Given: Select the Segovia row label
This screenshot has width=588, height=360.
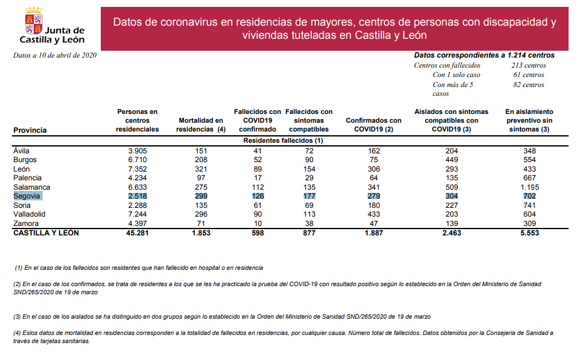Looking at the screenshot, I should [27, 196].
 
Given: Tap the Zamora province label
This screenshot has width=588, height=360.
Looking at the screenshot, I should [26, 224].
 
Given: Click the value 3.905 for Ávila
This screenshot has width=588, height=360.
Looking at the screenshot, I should [137, 151].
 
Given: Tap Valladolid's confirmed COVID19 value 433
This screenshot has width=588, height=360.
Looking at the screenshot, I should [373, 215].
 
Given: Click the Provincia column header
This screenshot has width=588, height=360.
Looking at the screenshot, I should [30, 130].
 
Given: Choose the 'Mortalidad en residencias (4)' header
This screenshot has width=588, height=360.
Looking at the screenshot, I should [201, 125].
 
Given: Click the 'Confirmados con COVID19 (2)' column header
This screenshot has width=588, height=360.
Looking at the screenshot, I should [373, 125].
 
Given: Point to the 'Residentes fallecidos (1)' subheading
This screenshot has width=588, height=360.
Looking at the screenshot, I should [283, 141].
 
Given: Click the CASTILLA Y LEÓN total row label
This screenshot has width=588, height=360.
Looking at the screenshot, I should [46, 233].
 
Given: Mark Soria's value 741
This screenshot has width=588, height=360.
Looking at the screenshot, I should [529, 205].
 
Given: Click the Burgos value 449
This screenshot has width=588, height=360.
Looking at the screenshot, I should [451, 160].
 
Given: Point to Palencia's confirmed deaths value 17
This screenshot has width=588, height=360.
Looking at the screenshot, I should [257, 178].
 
